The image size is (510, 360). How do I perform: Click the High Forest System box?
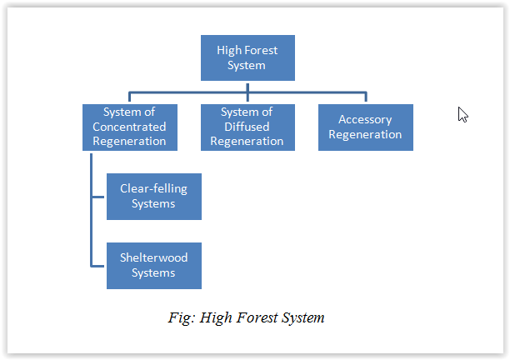coord(247,57)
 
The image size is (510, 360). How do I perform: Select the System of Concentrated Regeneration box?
coord(129,127)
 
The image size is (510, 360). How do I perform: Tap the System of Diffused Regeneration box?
coord(247,127)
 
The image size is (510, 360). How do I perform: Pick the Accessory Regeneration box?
coord(365,127)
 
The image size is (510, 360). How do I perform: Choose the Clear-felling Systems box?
coord(153,196)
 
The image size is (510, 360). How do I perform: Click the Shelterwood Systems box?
coord(153,265)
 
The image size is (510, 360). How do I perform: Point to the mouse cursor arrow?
coord(462,114)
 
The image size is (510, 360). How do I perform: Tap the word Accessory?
coord(365,119)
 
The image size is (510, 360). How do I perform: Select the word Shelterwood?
coord(153,257)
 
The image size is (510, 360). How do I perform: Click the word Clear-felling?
coord(153,188)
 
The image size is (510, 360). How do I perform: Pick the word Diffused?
coord(247,127)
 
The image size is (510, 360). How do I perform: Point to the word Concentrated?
coord(129,127)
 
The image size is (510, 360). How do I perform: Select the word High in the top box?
coord(229,50)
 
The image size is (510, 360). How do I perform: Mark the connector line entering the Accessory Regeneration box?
coord(366,97)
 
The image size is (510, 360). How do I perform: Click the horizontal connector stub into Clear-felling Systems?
coord(98,197)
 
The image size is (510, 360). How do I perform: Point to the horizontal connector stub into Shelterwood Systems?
coord(98,266)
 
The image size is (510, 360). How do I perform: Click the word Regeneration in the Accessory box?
coord(365,134)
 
